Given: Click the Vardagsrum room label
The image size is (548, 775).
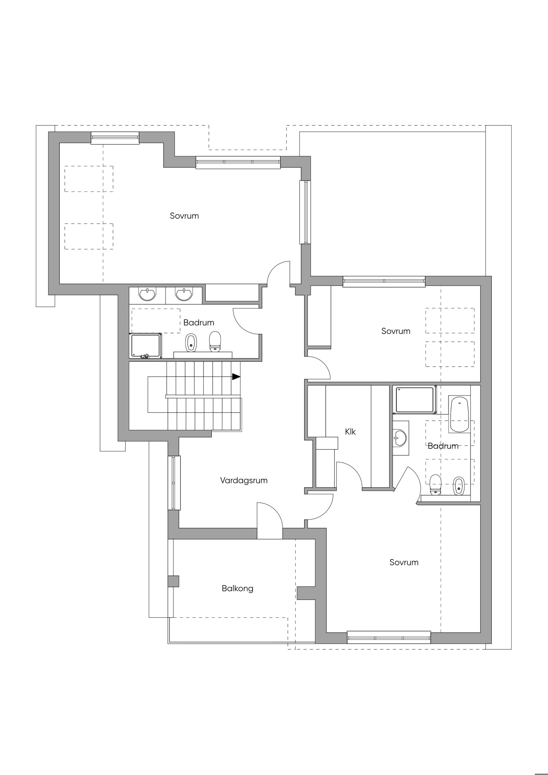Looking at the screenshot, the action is point(244,481).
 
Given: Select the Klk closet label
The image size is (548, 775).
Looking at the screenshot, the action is point(350,432).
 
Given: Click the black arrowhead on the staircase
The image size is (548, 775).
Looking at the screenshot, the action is point(236,376).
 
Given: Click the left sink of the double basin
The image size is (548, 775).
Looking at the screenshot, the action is point(148,294).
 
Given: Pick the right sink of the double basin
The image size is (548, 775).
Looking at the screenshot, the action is point(184,294).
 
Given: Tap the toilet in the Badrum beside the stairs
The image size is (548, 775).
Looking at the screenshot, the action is point(215,341).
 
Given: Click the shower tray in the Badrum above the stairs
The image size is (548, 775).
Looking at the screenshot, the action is point(146,346).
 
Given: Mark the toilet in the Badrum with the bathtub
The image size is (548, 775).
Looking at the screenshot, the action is point(436,485).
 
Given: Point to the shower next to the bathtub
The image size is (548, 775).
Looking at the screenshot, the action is point(415,400).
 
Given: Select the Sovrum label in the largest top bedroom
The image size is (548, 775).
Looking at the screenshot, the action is point(184,216).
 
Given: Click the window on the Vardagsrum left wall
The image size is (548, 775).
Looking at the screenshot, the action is point(174,483).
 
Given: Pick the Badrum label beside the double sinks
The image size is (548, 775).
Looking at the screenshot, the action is point(199,322).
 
